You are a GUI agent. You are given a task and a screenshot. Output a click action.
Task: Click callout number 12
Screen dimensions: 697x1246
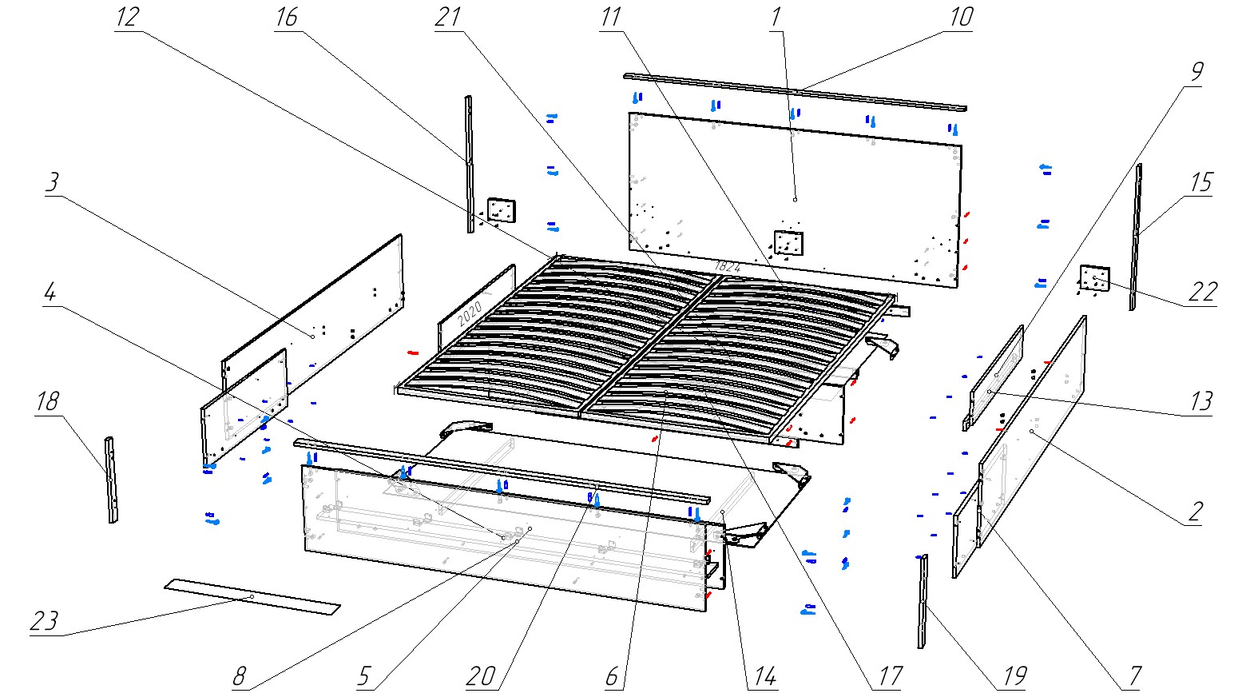click(127, 18)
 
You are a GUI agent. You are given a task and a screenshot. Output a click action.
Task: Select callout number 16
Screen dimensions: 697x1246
click(286, 18)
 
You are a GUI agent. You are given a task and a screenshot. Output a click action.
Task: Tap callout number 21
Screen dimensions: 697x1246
click(449, 18)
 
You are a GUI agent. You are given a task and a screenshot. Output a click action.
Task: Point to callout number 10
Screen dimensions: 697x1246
click(961, 18)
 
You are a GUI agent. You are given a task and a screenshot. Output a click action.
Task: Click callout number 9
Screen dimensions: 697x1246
click(1196, 72)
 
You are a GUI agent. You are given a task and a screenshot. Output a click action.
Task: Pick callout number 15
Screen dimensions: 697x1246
click(1200, 183)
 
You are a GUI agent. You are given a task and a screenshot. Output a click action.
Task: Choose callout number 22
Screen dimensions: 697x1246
click(1201, 293)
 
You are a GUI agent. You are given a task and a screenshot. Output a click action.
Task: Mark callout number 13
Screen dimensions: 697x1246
click(1200, 401)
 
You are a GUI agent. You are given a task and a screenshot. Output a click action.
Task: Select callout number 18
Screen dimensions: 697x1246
click(48, 401)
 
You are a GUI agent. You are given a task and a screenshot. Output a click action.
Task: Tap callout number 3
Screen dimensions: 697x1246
click(52, 182)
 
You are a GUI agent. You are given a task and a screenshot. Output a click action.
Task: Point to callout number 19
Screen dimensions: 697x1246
click(1014, 677)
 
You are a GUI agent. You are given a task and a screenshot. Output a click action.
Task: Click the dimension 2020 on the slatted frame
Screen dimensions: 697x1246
click(470, 308)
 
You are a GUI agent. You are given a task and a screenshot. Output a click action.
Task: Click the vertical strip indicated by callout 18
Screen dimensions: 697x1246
click(111, 480)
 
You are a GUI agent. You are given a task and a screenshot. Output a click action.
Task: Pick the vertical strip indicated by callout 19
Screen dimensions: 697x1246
click(923, 599)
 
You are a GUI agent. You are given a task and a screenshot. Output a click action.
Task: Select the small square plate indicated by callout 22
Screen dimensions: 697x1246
click(1094, 278)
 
